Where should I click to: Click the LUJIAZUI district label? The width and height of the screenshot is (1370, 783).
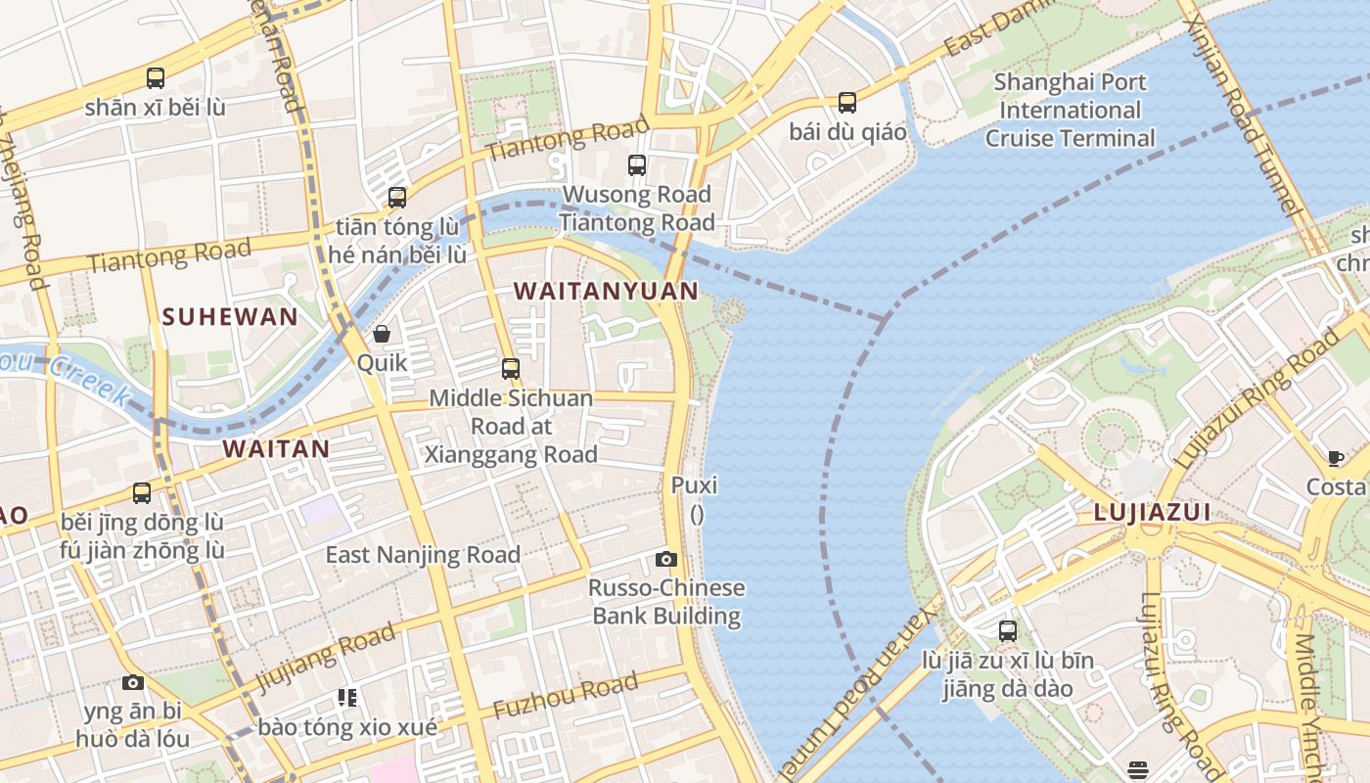1152,512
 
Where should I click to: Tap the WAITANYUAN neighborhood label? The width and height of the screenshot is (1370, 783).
606,291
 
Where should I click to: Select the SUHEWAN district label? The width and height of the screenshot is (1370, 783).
230,316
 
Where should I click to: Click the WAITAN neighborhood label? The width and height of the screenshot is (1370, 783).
276,449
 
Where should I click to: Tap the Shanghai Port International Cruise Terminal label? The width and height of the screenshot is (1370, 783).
1070,110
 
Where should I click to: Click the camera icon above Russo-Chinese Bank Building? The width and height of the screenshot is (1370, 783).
666,559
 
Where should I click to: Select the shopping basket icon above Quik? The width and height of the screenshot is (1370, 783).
382,334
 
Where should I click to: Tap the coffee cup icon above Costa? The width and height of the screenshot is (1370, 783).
1335,457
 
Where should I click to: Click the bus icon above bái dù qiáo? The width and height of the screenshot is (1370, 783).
847,102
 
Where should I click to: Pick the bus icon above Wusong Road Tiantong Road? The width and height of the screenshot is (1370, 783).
637,164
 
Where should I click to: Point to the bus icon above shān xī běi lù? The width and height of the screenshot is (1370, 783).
155,77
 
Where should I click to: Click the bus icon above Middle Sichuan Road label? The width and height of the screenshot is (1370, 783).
511,368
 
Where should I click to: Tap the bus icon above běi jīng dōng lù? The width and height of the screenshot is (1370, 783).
142,492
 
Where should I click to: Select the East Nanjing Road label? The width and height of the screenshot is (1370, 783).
423,555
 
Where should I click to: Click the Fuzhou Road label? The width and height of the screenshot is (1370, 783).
566,696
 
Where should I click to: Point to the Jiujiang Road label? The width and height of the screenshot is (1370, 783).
325,658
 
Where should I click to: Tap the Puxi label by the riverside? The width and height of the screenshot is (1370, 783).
695,485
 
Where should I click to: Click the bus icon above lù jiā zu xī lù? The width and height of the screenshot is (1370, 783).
1008,631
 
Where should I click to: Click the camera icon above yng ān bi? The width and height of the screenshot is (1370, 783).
133,682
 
